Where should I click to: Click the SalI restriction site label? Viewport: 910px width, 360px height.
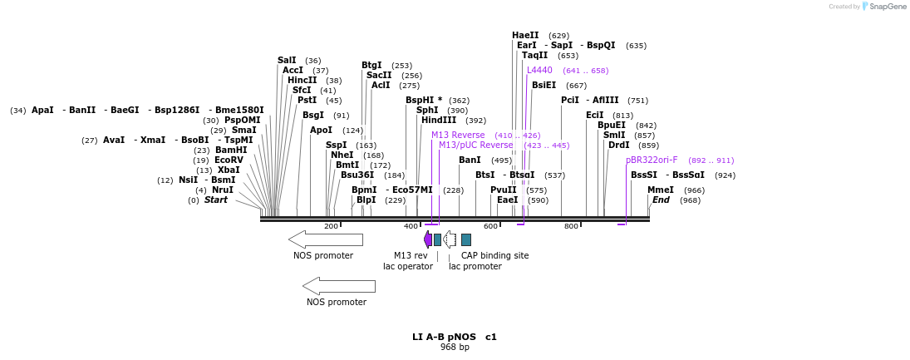[287, 60]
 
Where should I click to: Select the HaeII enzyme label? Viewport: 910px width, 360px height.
[525, 35]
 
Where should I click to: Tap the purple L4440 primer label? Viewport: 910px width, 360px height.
[539, 70]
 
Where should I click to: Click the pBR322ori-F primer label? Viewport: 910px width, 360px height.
[652, 160]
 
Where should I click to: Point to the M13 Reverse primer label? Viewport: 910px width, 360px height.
[458, 135]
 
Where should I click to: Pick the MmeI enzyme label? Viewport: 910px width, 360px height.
[661, 190]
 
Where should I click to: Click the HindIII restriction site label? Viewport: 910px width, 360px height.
[439, 120]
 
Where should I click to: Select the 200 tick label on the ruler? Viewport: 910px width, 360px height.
[331, 226]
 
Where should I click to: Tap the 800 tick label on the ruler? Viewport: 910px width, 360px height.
[571, 226]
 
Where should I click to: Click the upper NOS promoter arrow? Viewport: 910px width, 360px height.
[326, 239]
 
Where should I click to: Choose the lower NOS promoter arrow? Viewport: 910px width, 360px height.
[339, 286]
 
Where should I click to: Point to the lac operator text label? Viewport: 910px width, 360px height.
[408, 266]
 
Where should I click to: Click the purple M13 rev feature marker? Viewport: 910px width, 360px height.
[428, 239]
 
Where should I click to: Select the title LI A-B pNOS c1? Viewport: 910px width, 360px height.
[455, 337]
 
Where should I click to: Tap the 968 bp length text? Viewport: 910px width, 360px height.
[455, 347]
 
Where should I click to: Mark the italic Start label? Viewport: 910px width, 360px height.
[216, 200]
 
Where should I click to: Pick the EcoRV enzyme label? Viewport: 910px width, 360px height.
[229, 160]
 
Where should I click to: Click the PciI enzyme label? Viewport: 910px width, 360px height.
[570, 100]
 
